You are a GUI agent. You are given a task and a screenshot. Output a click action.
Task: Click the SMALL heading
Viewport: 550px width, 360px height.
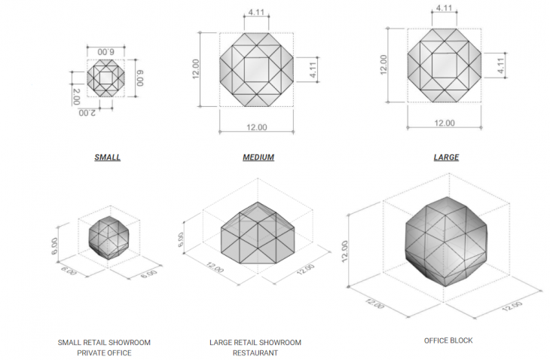tap(107, 157)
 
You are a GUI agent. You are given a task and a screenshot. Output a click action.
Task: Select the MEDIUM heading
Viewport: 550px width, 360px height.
tap(258, 157)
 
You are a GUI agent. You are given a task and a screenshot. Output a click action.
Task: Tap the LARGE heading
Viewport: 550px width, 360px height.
tap(446, 157)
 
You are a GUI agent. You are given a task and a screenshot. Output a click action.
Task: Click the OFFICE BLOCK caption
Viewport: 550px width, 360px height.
tap(448, 340)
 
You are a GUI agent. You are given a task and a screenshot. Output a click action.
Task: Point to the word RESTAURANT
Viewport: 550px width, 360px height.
tap(255, 352)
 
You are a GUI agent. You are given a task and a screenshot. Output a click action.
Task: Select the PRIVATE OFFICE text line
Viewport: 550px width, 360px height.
tap(104, 352)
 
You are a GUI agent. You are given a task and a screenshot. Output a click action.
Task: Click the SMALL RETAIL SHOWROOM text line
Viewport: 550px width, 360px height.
tap(104, 343)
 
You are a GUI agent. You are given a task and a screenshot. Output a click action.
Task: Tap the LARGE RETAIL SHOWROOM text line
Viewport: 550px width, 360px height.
tap(255, 343)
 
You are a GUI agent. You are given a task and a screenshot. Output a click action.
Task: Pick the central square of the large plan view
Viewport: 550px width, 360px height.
tap(444, 66)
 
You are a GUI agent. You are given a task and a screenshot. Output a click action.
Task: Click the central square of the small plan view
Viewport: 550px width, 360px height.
tap(108, 78)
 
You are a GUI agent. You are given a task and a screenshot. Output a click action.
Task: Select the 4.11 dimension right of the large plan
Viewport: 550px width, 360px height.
tap(500, 66)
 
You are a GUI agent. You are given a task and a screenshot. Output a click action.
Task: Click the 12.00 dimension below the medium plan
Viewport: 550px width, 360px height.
tap(257, 127)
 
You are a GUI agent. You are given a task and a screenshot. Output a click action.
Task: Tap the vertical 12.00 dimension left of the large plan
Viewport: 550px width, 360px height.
tap(384, 66)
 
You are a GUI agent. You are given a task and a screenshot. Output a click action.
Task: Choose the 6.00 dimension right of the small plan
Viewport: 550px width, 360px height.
tap(139, 78)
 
